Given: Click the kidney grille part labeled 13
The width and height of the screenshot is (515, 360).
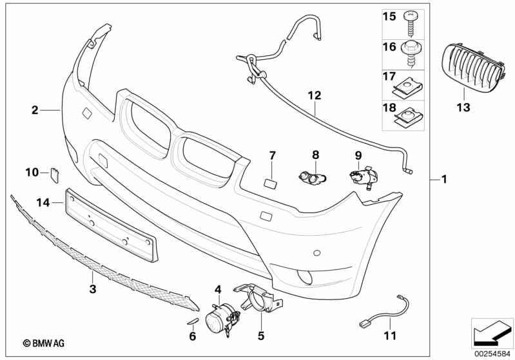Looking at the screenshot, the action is pyautogui.click(x=474, y=67).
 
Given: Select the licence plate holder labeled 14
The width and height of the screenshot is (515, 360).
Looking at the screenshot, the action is pyautogui.click(x=112, y=225).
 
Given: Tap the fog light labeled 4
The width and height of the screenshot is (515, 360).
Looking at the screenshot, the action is pyautogui.click(x=222, y=319).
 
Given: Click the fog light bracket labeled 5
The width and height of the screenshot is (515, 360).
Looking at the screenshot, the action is pyautogui.click(x=258, y=297).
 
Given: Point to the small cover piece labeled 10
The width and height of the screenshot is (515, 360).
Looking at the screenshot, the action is pyautogui.click(x=54, y=175).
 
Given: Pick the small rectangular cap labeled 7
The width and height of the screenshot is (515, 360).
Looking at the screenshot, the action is pyautogui.click(x=271, y=184).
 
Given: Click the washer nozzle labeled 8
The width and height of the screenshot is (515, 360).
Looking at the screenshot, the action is pyautogui.click(x=313, y=178).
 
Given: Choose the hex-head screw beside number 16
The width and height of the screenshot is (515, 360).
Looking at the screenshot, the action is pyautogui.click(x=410, y=55).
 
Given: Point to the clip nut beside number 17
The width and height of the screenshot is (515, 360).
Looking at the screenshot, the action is pyautogui.click(x=407, y=87).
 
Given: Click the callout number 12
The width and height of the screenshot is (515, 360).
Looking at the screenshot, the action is pyautogui.click(x=315, y=95).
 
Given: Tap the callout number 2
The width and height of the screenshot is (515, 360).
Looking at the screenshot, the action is pyautogui.click(x=35, y=110).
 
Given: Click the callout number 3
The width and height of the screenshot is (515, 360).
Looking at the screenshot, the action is pyautogui.click(x=93, y=289).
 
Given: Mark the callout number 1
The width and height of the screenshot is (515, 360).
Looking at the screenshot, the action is pyautogui.click(x=444, y=180).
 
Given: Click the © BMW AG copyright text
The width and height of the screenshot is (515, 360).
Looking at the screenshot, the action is pyautogui.click(x=44, y=343).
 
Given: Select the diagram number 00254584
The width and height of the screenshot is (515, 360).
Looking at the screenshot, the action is pyautogui.click(x=492, y=354).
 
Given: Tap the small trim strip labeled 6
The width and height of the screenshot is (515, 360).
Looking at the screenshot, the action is pyautogui.click(x=193, y=321).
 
